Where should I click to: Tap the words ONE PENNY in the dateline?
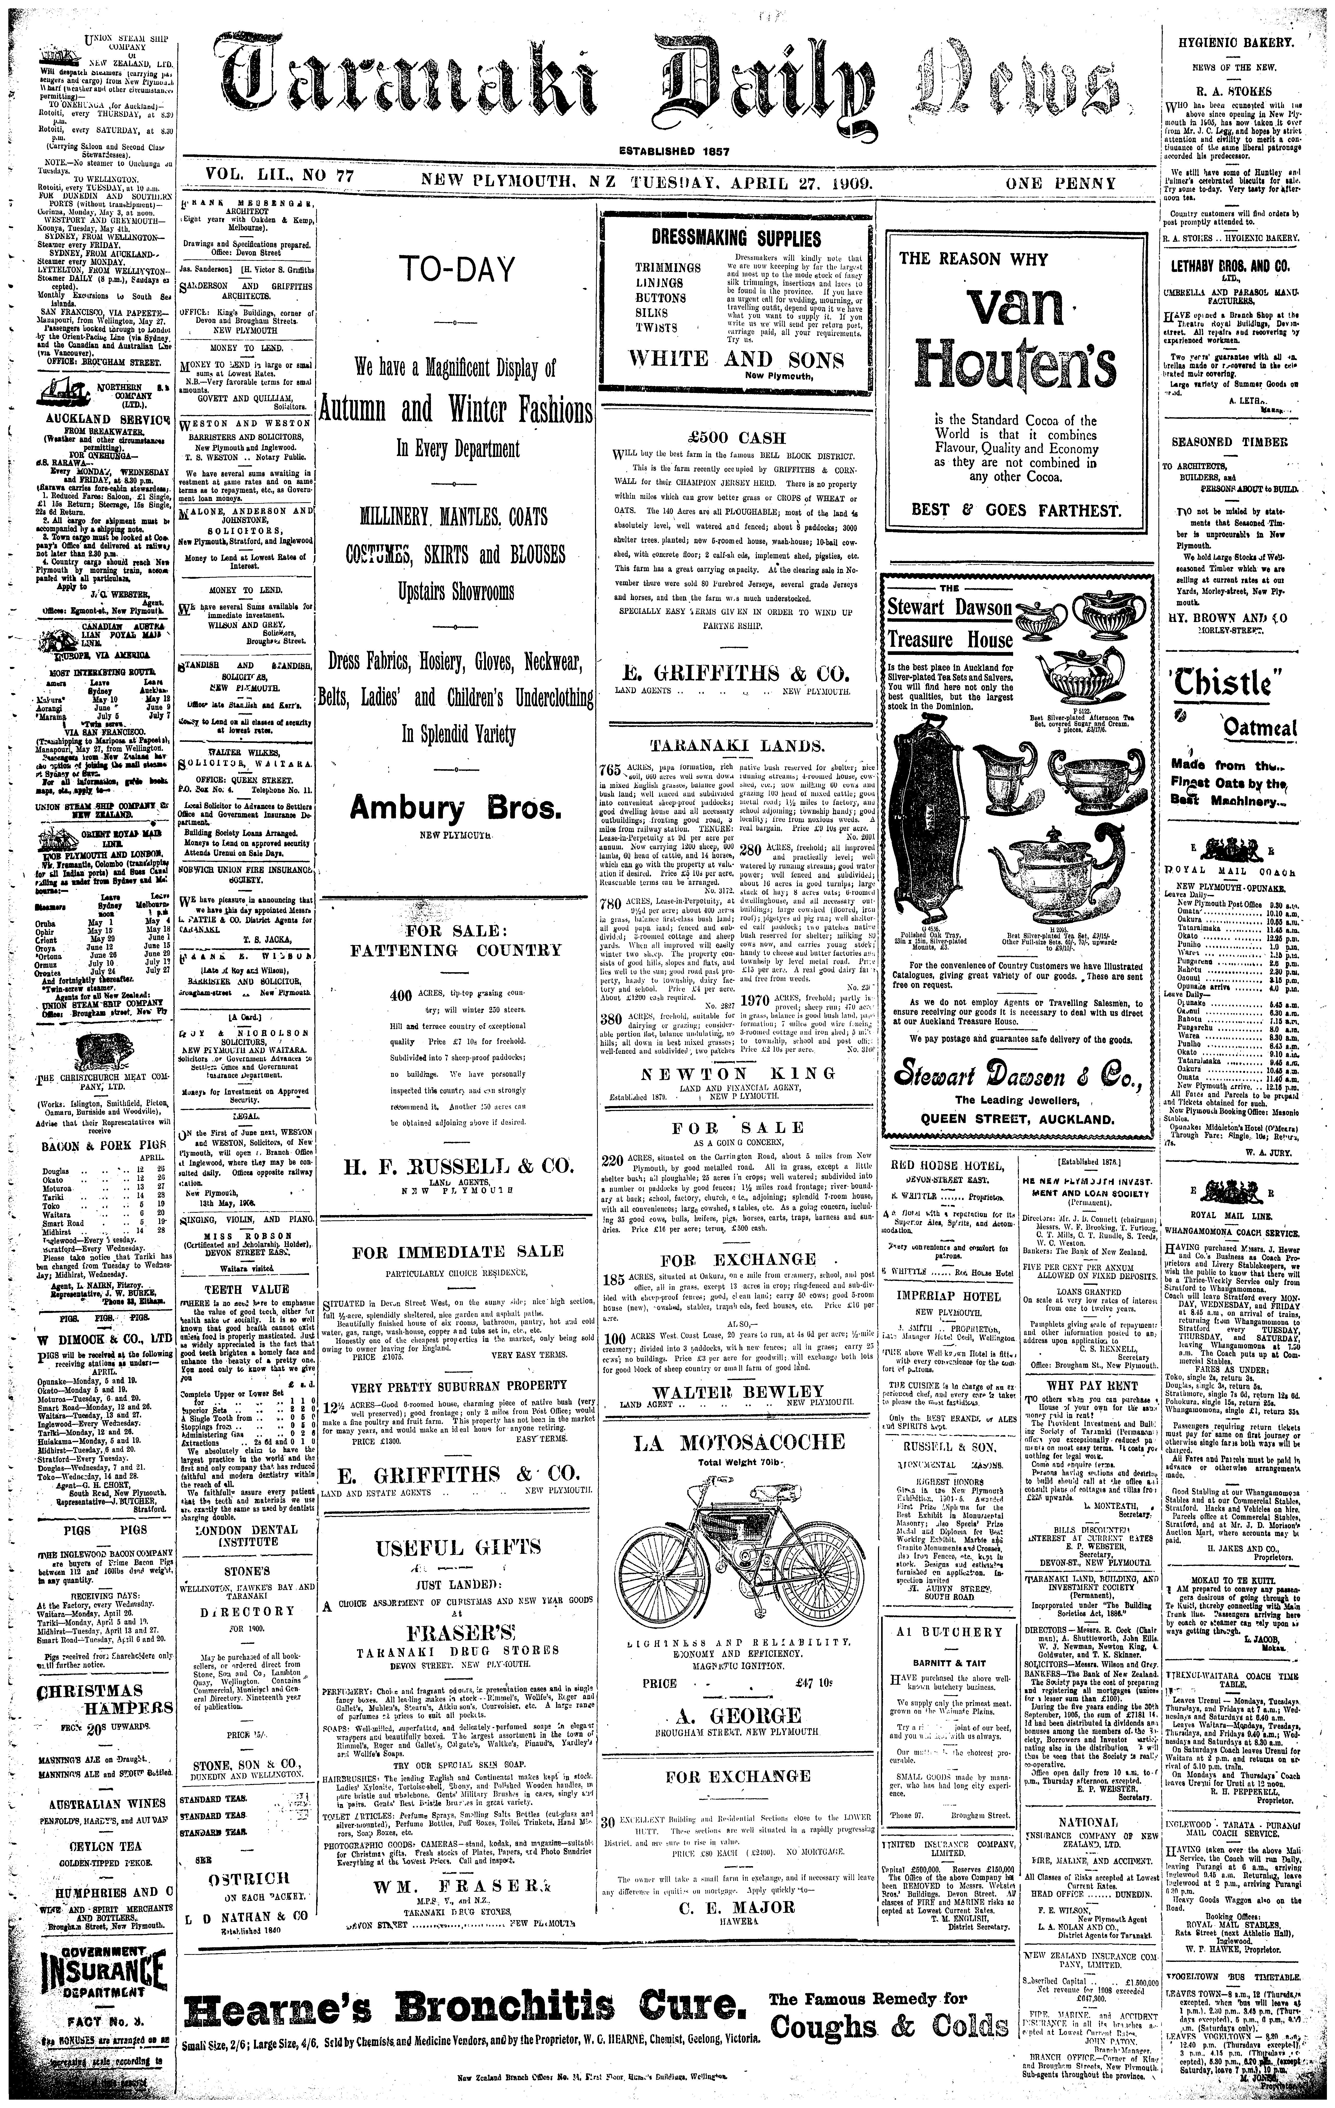click(1061, 184)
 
